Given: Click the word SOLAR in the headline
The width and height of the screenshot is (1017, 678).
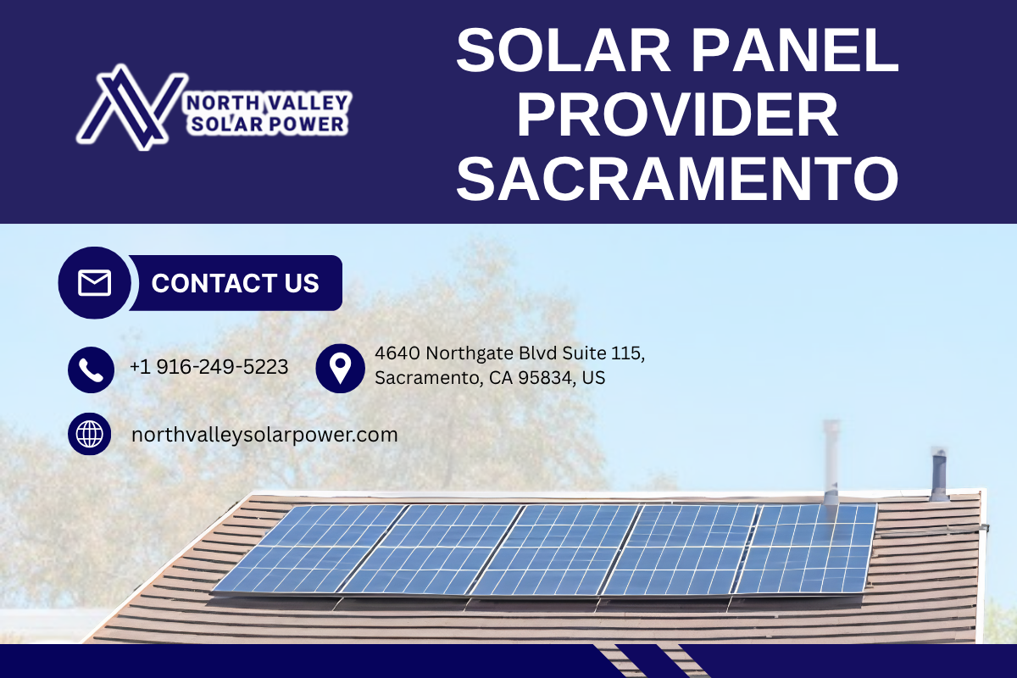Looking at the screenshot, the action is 563,50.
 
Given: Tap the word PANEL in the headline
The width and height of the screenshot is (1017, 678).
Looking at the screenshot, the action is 795,50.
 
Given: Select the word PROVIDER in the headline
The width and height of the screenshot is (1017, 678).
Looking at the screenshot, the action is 677,114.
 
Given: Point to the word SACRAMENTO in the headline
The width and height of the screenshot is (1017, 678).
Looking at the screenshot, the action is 677,179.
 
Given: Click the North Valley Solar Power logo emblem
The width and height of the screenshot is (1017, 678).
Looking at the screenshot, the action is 132,107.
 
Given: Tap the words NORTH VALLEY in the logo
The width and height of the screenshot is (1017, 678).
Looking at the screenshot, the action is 268,103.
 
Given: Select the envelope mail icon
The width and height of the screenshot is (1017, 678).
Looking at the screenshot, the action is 94,282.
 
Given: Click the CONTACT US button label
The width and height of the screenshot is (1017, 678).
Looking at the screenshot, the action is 236,283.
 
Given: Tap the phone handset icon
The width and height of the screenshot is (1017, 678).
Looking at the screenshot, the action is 91,370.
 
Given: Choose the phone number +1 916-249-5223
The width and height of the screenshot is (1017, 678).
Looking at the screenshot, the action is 209,367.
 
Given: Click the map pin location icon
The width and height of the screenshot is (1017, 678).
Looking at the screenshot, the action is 340,369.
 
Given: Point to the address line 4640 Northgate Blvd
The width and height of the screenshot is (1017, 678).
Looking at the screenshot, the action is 466,353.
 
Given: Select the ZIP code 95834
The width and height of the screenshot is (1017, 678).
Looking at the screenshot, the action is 545,378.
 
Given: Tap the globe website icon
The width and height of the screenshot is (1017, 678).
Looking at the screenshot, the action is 90,434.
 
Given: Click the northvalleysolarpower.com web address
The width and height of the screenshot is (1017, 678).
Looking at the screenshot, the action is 264,435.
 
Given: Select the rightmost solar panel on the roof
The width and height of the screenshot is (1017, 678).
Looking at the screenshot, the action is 806,548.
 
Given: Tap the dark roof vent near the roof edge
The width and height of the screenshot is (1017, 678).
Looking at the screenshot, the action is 939,474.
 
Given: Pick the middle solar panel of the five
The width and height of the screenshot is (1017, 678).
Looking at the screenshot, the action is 556,549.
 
